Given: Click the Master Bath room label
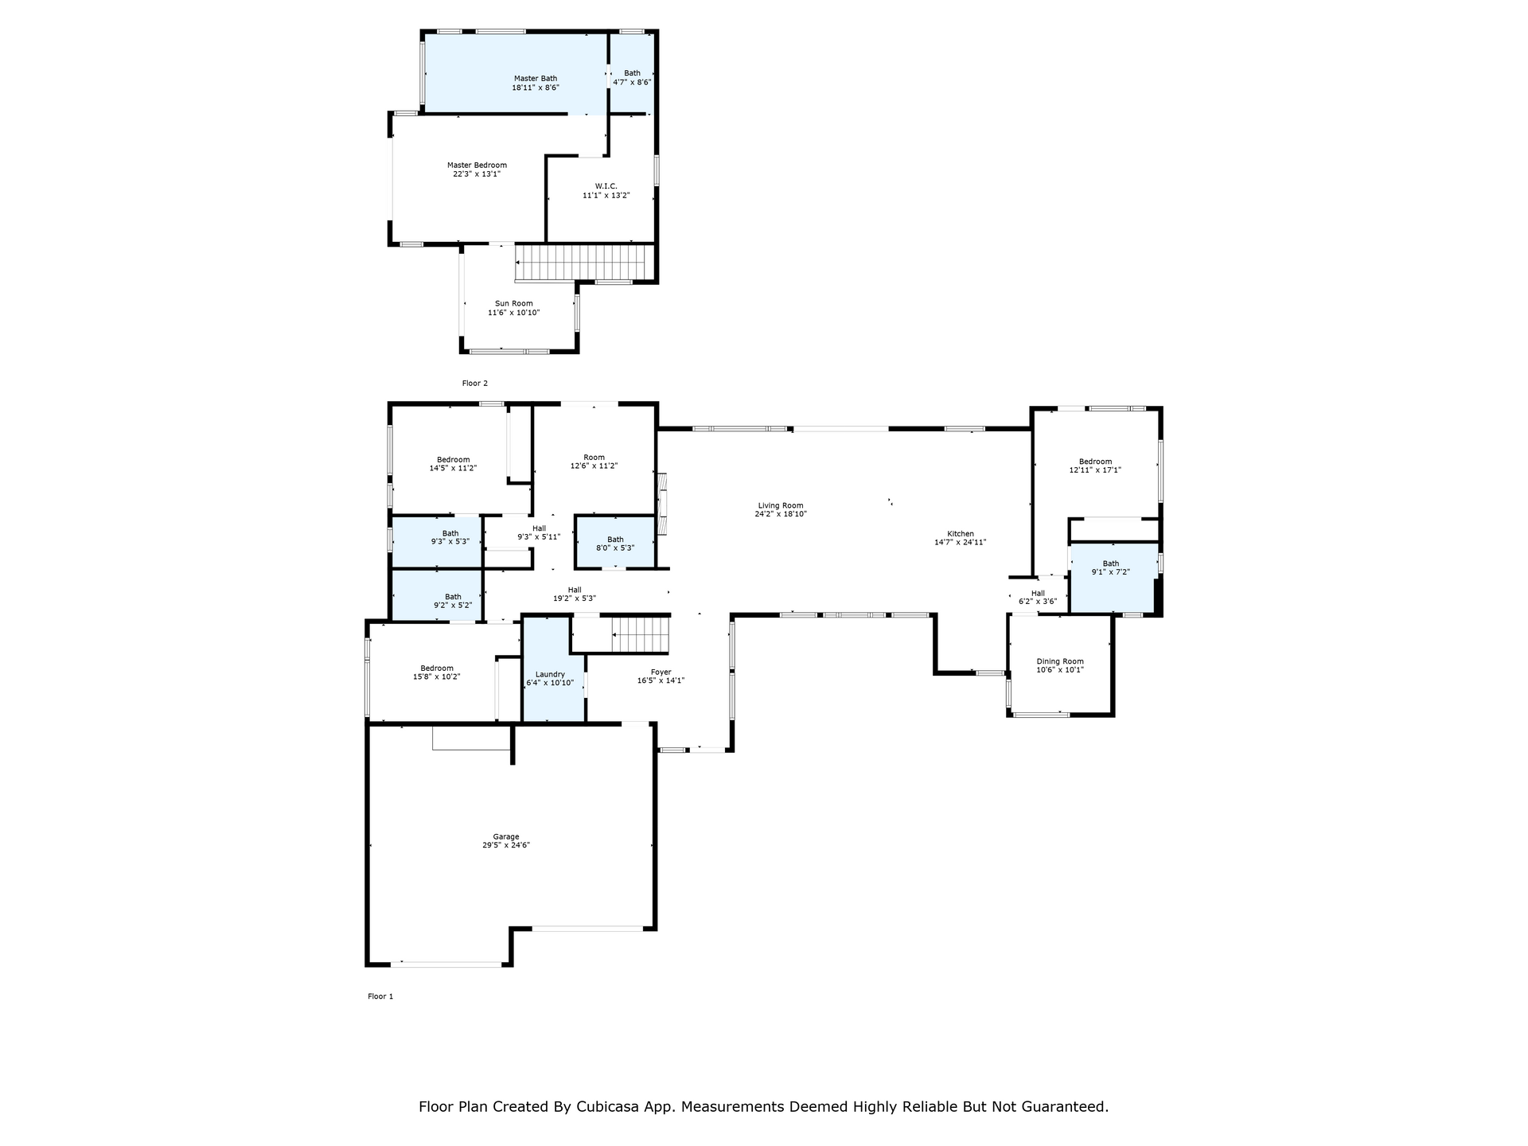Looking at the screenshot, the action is pos(536,79).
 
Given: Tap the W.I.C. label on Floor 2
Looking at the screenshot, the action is pos(606,186).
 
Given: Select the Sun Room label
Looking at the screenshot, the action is pos(514,303).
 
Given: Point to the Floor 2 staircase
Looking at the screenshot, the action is pos(580,263).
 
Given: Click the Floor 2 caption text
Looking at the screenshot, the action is pos(475,384).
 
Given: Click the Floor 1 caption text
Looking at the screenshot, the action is pos(380,996).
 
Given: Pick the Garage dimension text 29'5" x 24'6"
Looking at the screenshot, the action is pos(506,845).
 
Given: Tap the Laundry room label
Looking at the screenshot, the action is pos(550,674).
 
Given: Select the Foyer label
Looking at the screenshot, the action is pos(661,672).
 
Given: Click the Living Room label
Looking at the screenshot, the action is pos(781,505).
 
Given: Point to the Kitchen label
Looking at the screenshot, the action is pos(961,533).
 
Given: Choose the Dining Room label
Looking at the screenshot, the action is pos(1060,661).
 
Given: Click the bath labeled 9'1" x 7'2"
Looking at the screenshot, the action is pos(1111,567).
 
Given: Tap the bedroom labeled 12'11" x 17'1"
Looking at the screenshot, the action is pos(1095,466).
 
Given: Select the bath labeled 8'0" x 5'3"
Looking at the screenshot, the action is pos(615,544).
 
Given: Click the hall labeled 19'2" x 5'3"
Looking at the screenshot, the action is pos(575,594).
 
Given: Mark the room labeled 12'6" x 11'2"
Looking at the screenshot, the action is pos(594,462).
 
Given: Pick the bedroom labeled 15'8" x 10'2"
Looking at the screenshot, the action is pos(437,672).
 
